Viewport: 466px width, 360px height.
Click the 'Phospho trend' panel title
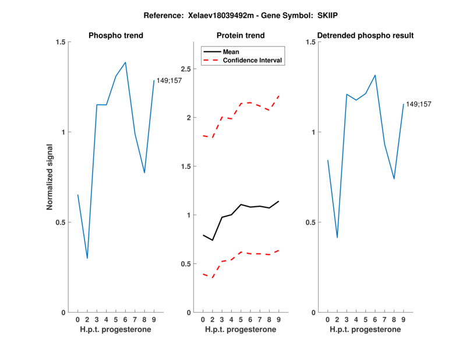tap(115, 36)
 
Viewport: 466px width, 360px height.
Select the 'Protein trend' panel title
tap(240, 36)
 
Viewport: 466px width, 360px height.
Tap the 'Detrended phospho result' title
tap(365, 36)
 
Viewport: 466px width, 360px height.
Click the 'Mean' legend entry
tap(231, 51)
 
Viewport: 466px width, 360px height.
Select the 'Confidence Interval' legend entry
tap(253, 60)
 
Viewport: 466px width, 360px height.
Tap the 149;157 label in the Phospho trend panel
tap(169, 80)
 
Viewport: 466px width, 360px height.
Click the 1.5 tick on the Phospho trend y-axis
tap(60, 42)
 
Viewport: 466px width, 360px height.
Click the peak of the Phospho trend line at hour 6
tap(125, 62)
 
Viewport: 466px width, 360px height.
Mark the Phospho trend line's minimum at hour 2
tap(87, 258)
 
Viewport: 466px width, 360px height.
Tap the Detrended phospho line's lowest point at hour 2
tap(337, 238)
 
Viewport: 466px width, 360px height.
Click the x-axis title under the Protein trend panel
tap(240, 329)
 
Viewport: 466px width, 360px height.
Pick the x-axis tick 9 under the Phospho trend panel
tap(154, 319)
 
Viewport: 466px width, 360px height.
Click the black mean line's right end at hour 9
tap(279, 202)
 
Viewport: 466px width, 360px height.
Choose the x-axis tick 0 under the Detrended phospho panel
tap(327, 319)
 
